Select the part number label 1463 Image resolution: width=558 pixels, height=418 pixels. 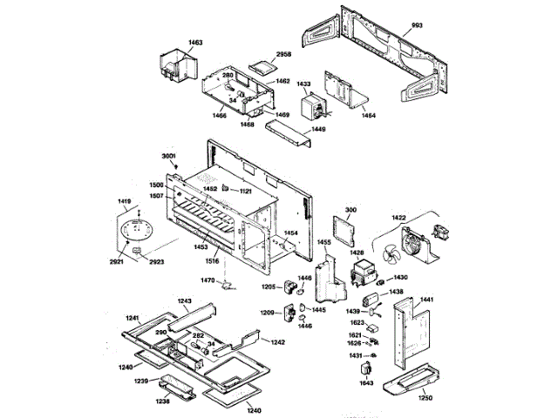pos(171,42)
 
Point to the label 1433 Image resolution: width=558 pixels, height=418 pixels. pos(303,84)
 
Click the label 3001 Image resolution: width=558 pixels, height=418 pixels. pos(169,156)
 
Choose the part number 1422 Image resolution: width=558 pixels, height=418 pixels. pos(398,217)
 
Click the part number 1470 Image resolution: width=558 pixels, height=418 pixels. pos(208,280)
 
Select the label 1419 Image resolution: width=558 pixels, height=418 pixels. pos(123,201)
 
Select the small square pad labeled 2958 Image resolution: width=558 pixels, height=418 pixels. pos(262,66)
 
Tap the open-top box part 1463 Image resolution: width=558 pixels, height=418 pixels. pos(180,69)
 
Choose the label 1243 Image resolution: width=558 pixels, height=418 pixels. pos(184,300)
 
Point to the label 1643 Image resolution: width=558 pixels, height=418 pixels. pos(366,381)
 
